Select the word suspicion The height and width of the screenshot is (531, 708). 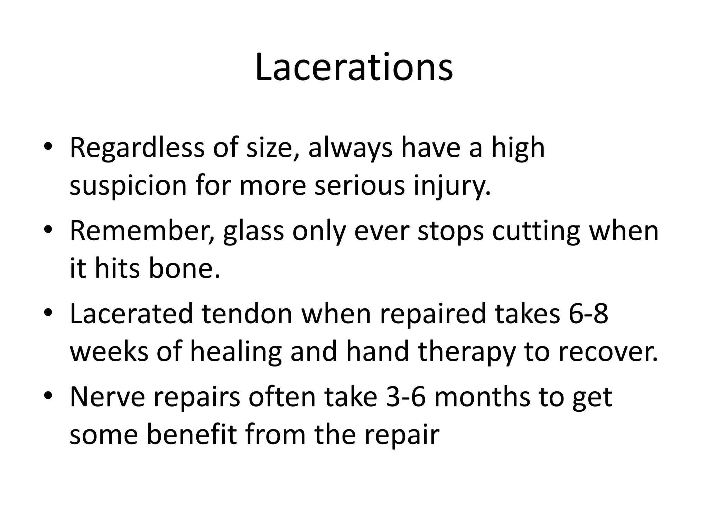128,186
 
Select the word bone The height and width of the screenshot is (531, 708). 185,269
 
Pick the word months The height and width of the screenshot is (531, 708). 482,397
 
